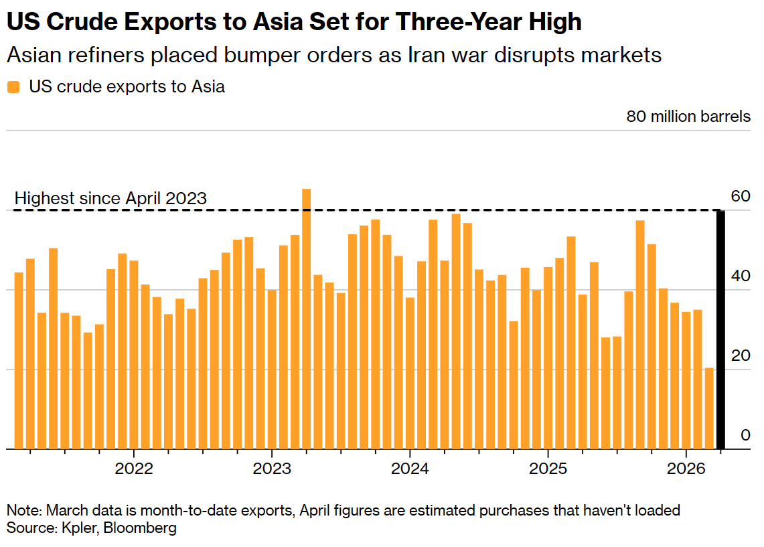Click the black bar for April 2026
720,329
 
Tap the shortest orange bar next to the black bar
709,408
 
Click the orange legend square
13,87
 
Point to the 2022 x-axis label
134,468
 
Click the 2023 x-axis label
272,468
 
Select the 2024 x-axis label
410,468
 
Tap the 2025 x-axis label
548,468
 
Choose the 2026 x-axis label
686,468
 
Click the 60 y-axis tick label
741,196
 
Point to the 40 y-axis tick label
741,276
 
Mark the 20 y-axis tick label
741,356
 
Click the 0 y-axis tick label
745,435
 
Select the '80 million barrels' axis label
688,116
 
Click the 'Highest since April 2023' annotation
110,199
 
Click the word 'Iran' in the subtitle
427,55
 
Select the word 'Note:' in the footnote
24,511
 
